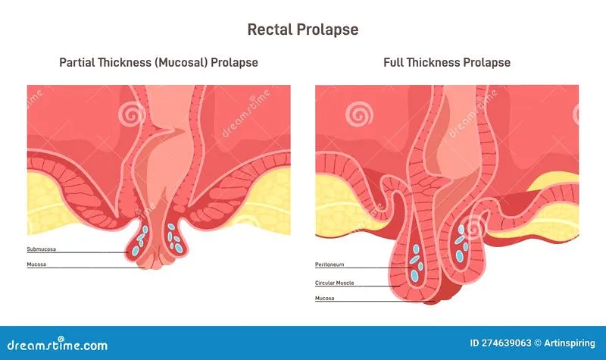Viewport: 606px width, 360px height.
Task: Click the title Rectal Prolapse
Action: pyautogui.click(x=302, y=30)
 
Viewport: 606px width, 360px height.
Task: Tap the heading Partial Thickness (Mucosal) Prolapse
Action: pyautogui.click(x=158, y=63)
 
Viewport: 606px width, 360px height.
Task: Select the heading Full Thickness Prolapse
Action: pyautogui.click(x=447, y=63)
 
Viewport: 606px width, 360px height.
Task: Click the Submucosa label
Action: pyautogui.click(x=42, y=249)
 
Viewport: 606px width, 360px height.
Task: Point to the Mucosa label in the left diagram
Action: pyautogui.click(x=36, y=265)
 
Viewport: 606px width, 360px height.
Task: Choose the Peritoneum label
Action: pyautogui.click(x=330, y=265)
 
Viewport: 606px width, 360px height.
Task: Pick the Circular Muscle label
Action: pyautogui.click(x=334, y=283)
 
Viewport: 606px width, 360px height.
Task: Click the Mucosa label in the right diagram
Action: pyautogui.click(x=325, y=298)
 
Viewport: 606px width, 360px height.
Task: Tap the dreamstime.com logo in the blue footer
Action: pyautogui.click(x=58, y=344)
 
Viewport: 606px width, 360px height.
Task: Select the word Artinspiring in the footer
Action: pyautogui.click(x=570, y=343)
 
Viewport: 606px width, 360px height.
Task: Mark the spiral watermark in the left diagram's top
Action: pyautogui.click(x=132, y=114)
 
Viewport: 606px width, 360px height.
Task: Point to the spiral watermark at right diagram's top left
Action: pyautogui.click(x=359, y=114)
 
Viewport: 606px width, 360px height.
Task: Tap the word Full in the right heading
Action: pyautogui.click(x=393, y=63)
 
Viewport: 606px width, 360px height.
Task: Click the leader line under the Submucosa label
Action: pyautogui.click(x=77, y=252)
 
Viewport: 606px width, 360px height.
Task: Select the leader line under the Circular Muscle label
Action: pyautogui.click(x=358, y=286)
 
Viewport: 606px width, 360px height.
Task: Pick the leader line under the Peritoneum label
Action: pyautogui.click(x=364, y=268)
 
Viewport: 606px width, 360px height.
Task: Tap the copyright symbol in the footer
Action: pyautogui.click(x=538, y=343)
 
